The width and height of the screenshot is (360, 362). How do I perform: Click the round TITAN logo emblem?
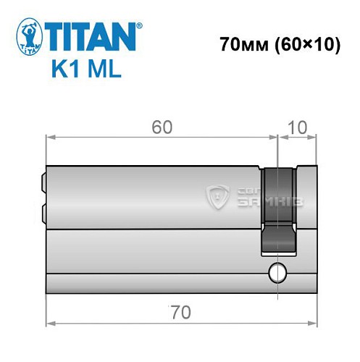click(27, 37)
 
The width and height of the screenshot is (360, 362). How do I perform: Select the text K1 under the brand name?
click(66, 71)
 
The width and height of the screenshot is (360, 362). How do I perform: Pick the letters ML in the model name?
click(105, 71)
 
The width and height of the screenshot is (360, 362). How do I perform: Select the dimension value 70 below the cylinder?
click(180, 312)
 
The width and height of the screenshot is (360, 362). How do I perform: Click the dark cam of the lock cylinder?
click(278, 210)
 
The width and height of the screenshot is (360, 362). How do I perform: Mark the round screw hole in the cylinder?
click(276, 273)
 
